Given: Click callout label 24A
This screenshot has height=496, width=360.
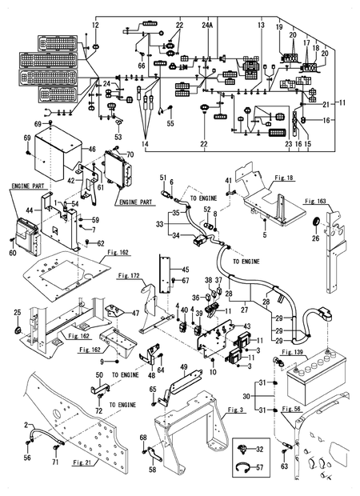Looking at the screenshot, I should point(208,26).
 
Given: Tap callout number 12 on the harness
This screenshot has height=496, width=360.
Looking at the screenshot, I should point(94,26).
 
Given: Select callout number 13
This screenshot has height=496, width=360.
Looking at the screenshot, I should point(261,26).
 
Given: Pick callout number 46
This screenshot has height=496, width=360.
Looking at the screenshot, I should point(91,149).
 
